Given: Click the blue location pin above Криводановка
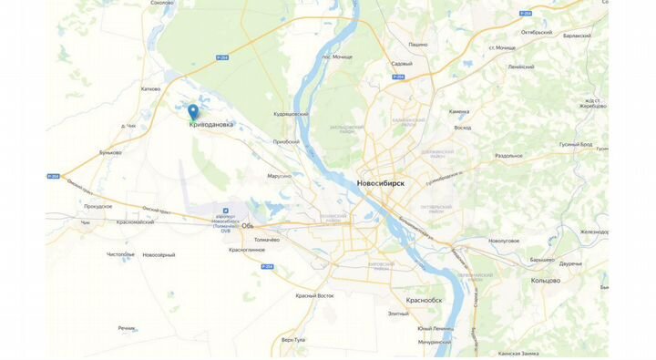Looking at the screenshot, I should [193, 112].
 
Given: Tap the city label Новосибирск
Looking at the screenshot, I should [380, 183].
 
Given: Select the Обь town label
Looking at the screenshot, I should [247, 225].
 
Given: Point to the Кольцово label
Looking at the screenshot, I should [545, 280].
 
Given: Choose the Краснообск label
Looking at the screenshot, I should [424, 300].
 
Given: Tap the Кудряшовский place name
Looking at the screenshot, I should [291, 114].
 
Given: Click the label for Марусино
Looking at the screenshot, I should [280, 175].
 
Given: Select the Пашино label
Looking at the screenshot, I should [417, 44].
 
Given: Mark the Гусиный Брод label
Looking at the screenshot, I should [575, 144].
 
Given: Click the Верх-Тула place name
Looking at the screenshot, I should [293, 339].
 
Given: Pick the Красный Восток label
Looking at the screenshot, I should [314, 295].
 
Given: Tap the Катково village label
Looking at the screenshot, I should [150, 88].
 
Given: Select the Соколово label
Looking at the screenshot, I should [162, 3].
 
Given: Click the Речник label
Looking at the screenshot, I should [126, 327].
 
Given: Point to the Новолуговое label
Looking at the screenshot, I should [504, 241].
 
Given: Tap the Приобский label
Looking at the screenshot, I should [285, 141].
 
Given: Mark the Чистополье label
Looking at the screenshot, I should [120, 254].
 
